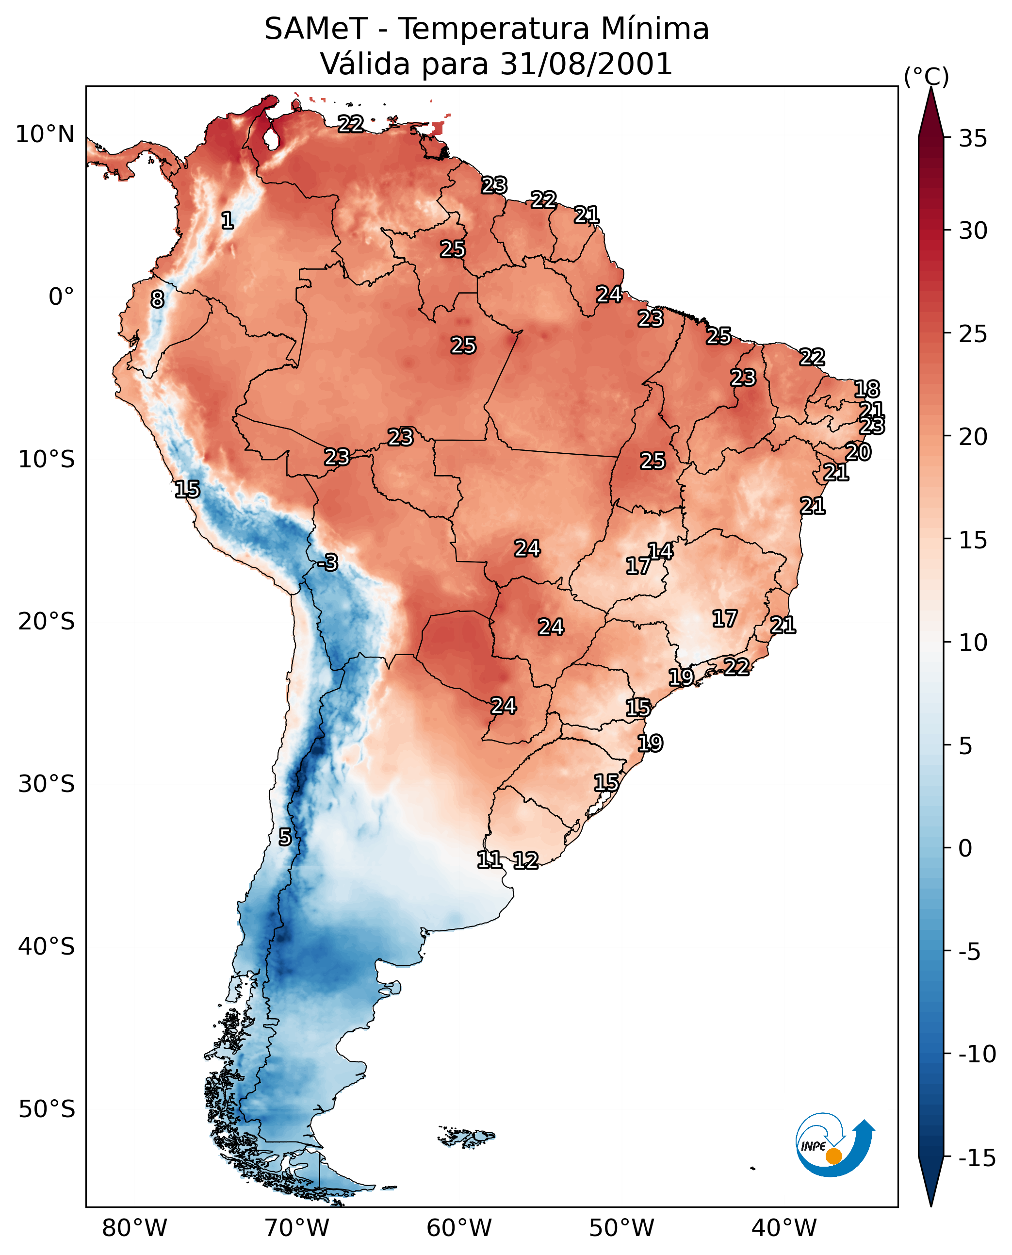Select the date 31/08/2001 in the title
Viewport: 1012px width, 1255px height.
tap(586, 64)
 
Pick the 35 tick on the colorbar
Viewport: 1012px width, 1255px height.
tap(973, 139)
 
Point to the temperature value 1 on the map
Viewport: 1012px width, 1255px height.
tap(228, 220)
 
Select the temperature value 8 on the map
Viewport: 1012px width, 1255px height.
tap(157, 300)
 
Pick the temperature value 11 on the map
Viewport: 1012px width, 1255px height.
tap(489, 859)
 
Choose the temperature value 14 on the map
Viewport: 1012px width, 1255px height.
tap(660, 551)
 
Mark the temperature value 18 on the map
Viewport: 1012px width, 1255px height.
tap(866, 389)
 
